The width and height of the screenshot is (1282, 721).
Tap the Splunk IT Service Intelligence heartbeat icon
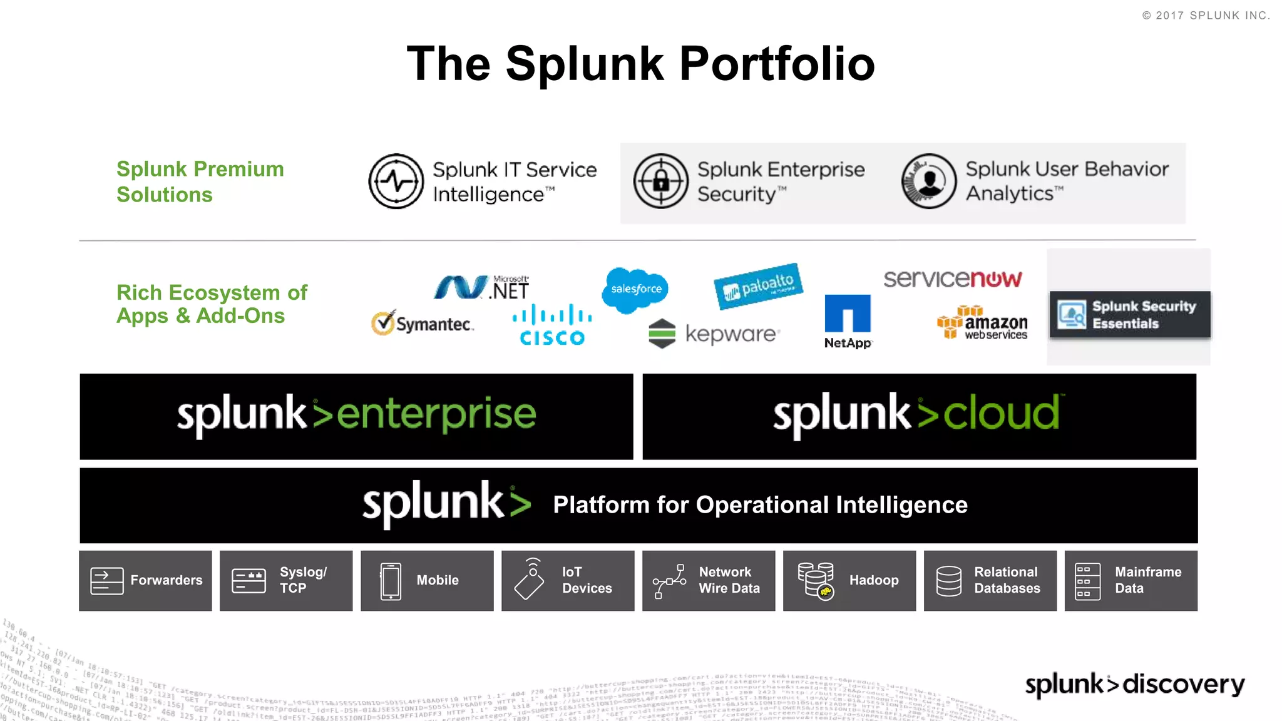(396, 182)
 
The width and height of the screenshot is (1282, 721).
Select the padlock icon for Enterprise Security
(660, 182)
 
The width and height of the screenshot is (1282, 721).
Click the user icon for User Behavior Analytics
(929, 182)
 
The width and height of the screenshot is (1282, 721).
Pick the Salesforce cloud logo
(635, 289)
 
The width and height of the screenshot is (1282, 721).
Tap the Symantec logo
(423, 323)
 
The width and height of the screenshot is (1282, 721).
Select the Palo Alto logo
(758, 286)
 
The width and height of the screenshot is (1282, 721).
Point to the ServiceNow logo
(952, 279)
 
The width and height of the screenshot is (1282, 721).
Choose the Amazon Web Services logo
(983, 323)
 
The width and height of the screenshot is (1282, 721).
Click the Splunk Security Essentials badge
(1129, 315)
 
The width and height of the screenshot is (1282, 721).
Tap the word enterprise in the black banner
(436, 414)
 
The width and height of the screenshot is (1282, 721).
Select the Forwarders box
(145, 581)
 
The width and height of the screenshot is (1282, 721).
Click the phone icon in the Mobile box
(391, 581)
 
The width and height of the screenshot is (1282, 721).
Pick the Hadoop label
(873, 581)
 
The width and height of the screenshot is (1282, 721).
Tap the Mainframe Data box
(1131, 581)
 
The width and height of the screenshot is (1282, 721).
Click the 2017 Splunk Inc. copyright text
(1206, 16)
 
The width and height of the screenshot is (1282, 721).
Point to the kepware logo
(714, 334)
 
